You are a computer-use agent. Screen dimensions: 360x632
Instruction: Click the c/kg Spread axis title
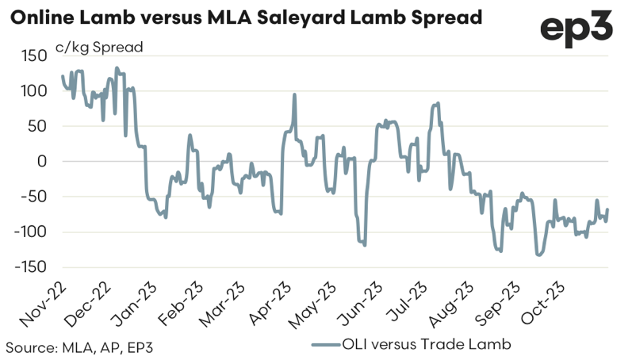99,47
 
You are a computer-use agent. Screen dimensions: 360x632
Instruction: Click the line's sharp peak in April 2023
295,94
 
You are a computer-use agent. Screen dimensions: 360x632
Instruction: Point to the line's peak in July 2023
438,103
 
